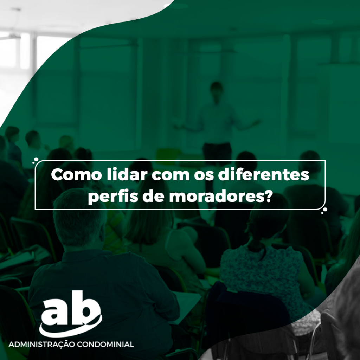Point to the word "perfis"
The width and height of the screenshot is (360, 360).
click(x=112, y=197)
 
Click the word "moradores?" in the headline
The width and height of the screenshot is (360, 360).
click(x=221, y=197)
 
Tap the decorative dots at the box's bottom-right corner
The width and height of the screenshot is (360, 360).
click(x=324, y=211)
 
